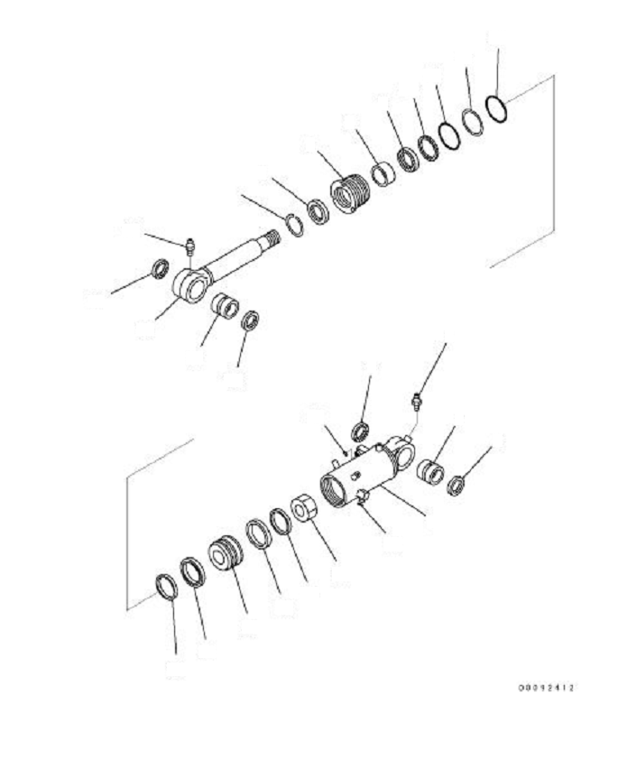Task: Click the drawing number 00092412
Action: pyautogui.click(x=546, y=689)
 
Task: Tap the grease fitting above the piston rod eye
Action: pyautogui.click(x=189, y=245)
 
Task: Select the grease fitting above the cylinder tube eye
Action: pyautogui.click(x=416, y=396)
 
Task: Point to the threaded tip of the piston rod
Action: pyautogui.click(x=270, y=237)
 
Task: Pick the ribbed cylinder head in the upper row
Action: pyautogui.click(x=349, y=194)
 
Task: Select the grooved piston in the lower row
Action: pyautogui.click(x=224, y=552)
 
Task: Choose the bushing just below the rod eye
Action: pyautogui.click(x=225, y=310)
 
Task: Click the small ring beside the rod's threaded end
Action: pyautogui.click(x=293, y=224)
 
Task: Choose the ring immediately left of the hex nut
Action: pyautogui.click(x=281, y=521)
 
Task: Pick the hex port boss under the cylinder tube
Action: pyautogui.click(x=363, y=497)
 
